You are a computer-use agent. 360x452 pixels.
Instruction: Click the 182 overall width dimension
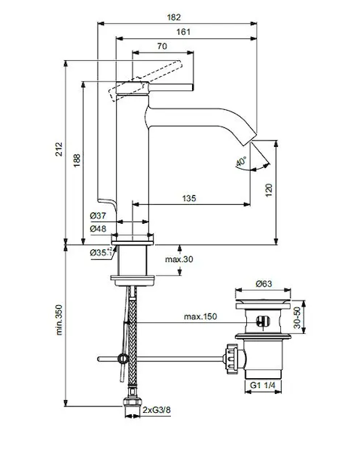point(174,17)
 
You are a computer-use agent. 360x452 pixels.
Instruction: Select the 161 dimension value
point(183,32)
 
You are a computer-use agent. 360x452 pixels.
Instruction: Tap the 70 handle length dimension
point(162,46)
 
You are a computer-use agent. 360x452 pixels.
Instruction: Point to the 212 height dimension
point(59,149)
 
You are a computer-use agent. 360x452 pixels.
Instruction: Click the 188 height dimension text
point(77,160)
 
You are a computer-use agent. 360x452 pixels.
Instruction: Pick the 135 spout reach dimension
point(189,198)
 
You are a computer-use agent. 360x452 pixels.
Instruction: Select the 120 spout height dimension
point(269,190)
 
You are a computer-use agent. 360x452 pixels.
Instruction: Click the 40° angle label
point(241,162)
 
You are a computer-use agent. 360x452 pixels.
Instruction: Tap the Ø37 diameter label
point(98,215)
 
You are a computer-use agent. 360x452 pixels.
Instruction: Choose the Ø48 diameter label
point(98,229)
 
